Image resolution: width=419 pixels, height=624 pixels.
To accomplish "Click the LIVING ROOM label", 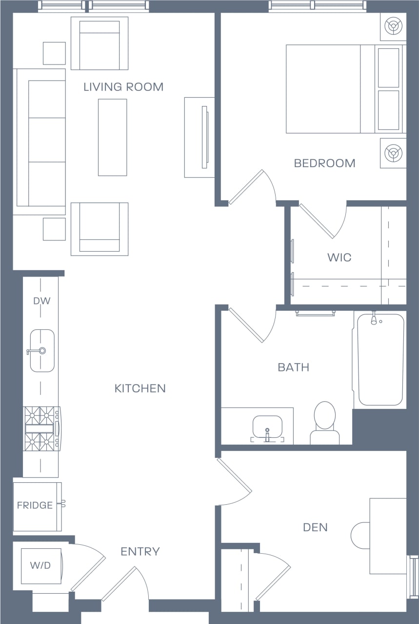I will pyautogui.click(x=123, y=87).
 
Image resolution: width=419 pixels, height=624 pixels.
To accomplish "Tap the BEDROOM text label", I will pyautogui.click(x=324, y=163).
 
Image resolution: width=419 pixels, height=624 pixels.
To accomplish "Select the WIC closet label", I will pyautogui.click(x=339, y=258).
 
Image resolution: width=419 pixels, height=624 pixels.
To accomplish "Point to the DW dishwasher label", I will pyautogui.click(x=41, y=301).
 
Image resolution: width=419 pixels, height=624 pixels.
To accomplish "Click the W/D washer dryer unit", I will pyautogui.click(x=41, y=565).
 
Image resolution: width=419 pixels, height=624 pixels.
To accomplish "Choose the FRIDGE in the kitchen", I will pyautogui.click(x=36, y=505).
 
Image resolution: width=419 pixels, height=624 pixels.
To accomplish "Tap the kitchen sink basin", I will pyautogui.click(x=42, y=350).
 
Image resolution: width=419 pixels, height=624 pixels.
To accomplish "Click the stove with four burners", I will pyautogui.click(x=41, y=429).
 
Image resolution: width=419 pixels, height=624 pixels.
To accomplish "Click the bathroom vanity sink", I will pyautogui.click(x=267, y=427).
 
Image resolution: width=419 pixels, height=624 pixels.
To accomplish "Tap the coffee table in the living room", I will pyautogui.click(x=112, y=137).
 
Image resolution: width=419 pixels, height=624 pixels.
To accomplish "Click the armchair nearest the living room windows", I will pyautogui.click(x=100, y=43).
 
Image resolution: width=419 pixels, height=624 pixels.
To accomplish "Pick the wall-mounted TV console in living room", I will pyautogui.click(x=200, y=137).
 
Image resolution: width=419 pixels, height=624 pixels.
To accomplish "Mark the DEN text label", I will pyautogui.click(x=315, y=527).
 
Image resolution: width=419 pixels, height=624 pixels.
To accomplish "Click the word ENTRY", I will pyautogui.click(x=140, y=552).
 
